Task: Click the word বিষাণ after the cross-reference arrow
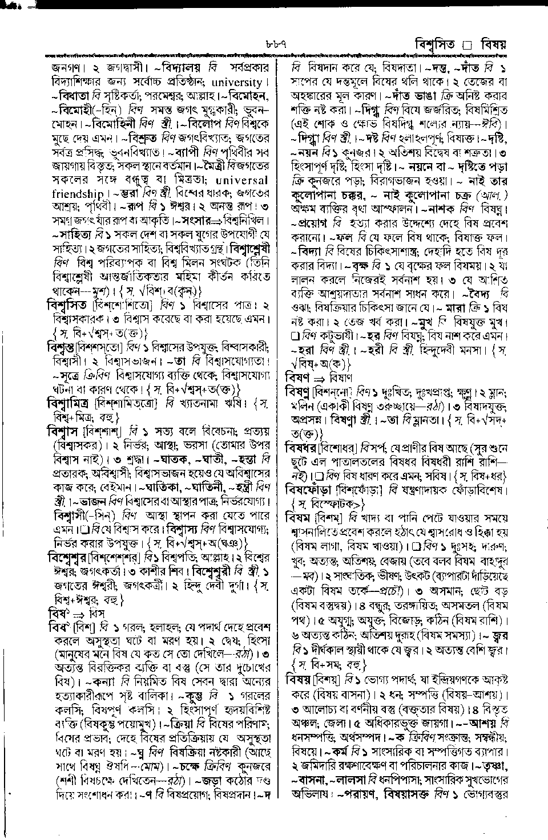[x=341, y=377]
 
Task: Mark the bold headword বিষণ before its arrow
[x=298, y=377]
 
